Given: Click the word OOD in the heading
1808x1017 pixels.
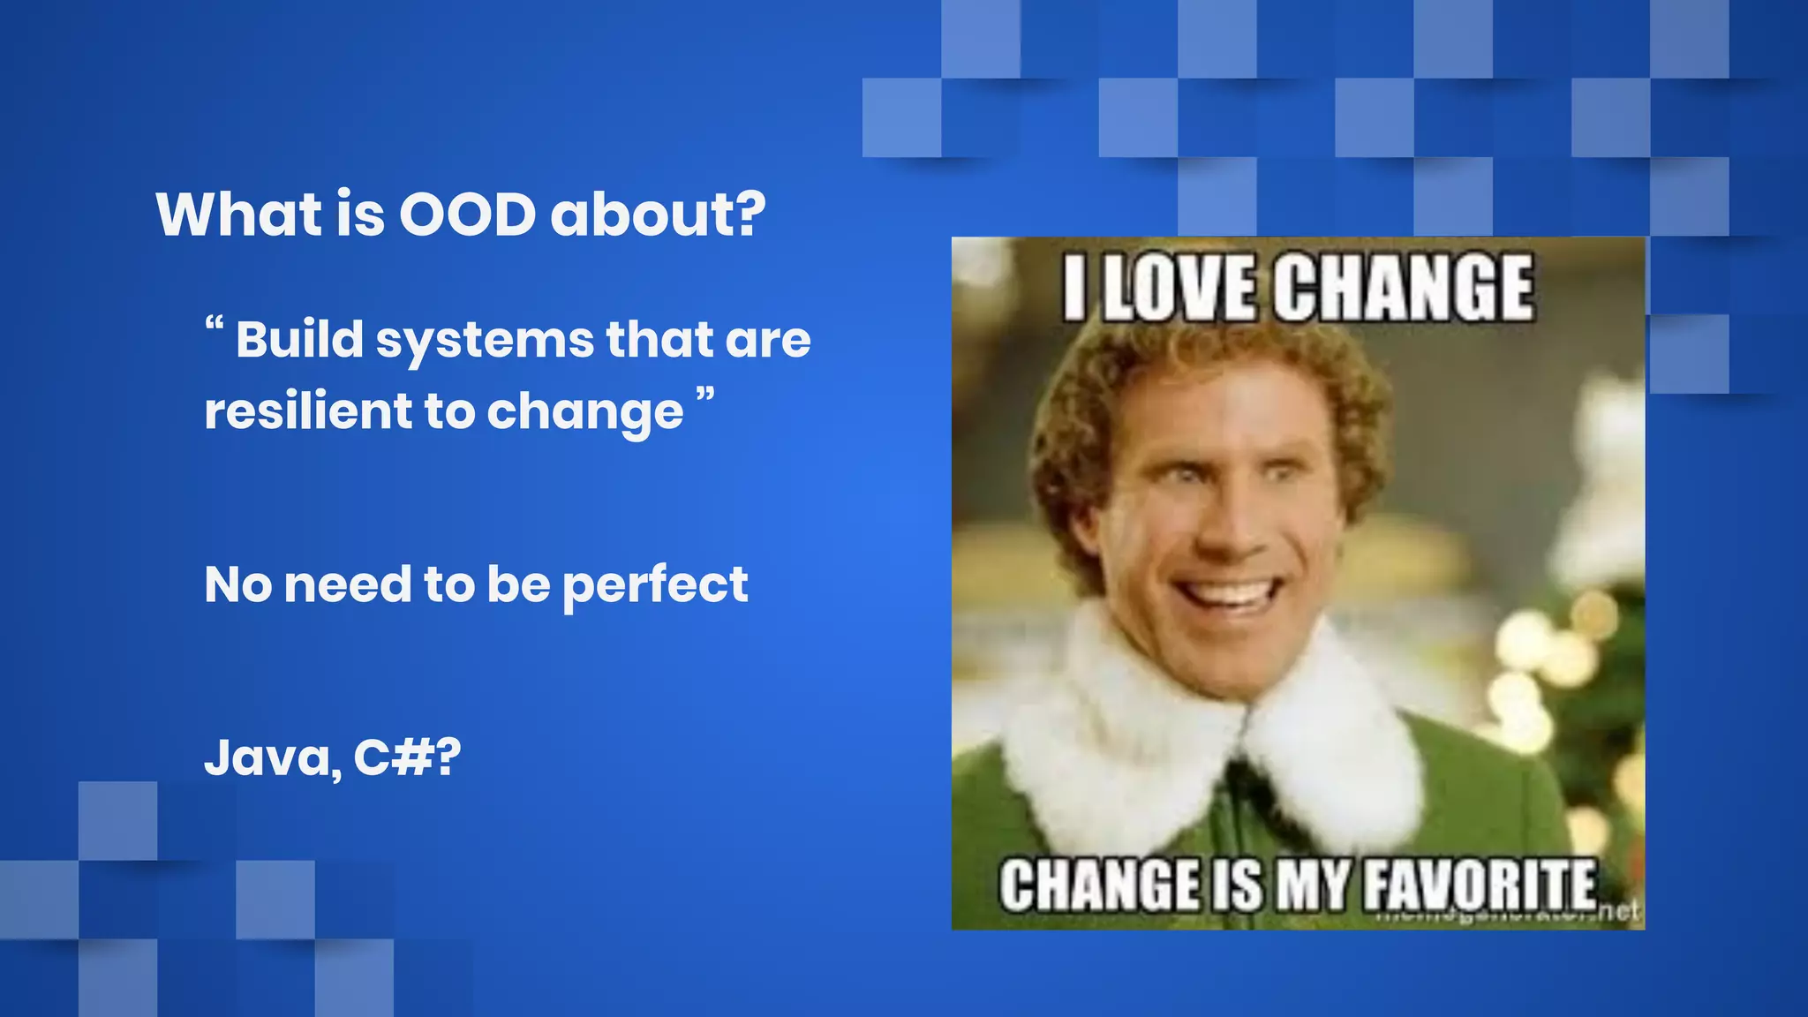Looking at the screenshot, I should [x=467, y=215].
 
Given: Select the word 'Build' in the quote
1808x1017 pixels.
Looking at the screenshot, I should [x=299, y=339].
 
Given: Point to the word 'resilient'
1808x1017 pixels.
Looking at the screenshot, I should [x=308, y=411].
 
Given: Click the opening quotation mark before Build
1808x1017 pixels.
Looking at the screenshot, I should [x=214, y=325].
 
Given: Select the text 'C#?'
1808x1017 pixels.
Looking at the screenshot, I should [x=407, y=757].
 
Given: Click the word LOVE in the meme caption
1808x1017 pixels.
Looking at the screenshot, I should [x=1179, y=289].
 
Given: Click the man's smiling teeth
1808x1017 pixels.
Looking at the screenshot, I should [x=1228, y=591].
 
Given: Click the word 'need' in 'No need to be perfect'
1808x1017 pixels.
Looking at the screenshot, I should [x=348, y=584].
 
